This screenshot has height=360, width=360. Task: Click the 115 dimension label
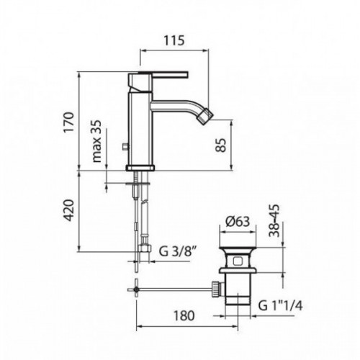174,40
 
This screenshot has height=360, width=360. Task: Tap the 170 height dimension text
69,122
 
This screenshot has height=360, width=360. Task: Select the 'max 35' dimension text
96,141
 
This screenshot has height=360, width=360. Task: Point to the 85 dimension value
221,145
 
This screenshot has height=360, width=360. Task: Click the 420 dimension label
69,210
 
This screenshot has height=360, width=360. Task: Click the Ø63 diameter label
238,221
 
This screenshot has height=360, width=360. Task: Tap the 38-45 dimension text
274,220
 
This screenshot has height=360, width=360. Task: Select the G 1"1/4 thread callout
280,305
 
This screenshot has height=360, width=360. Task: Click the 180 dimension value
184,315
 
